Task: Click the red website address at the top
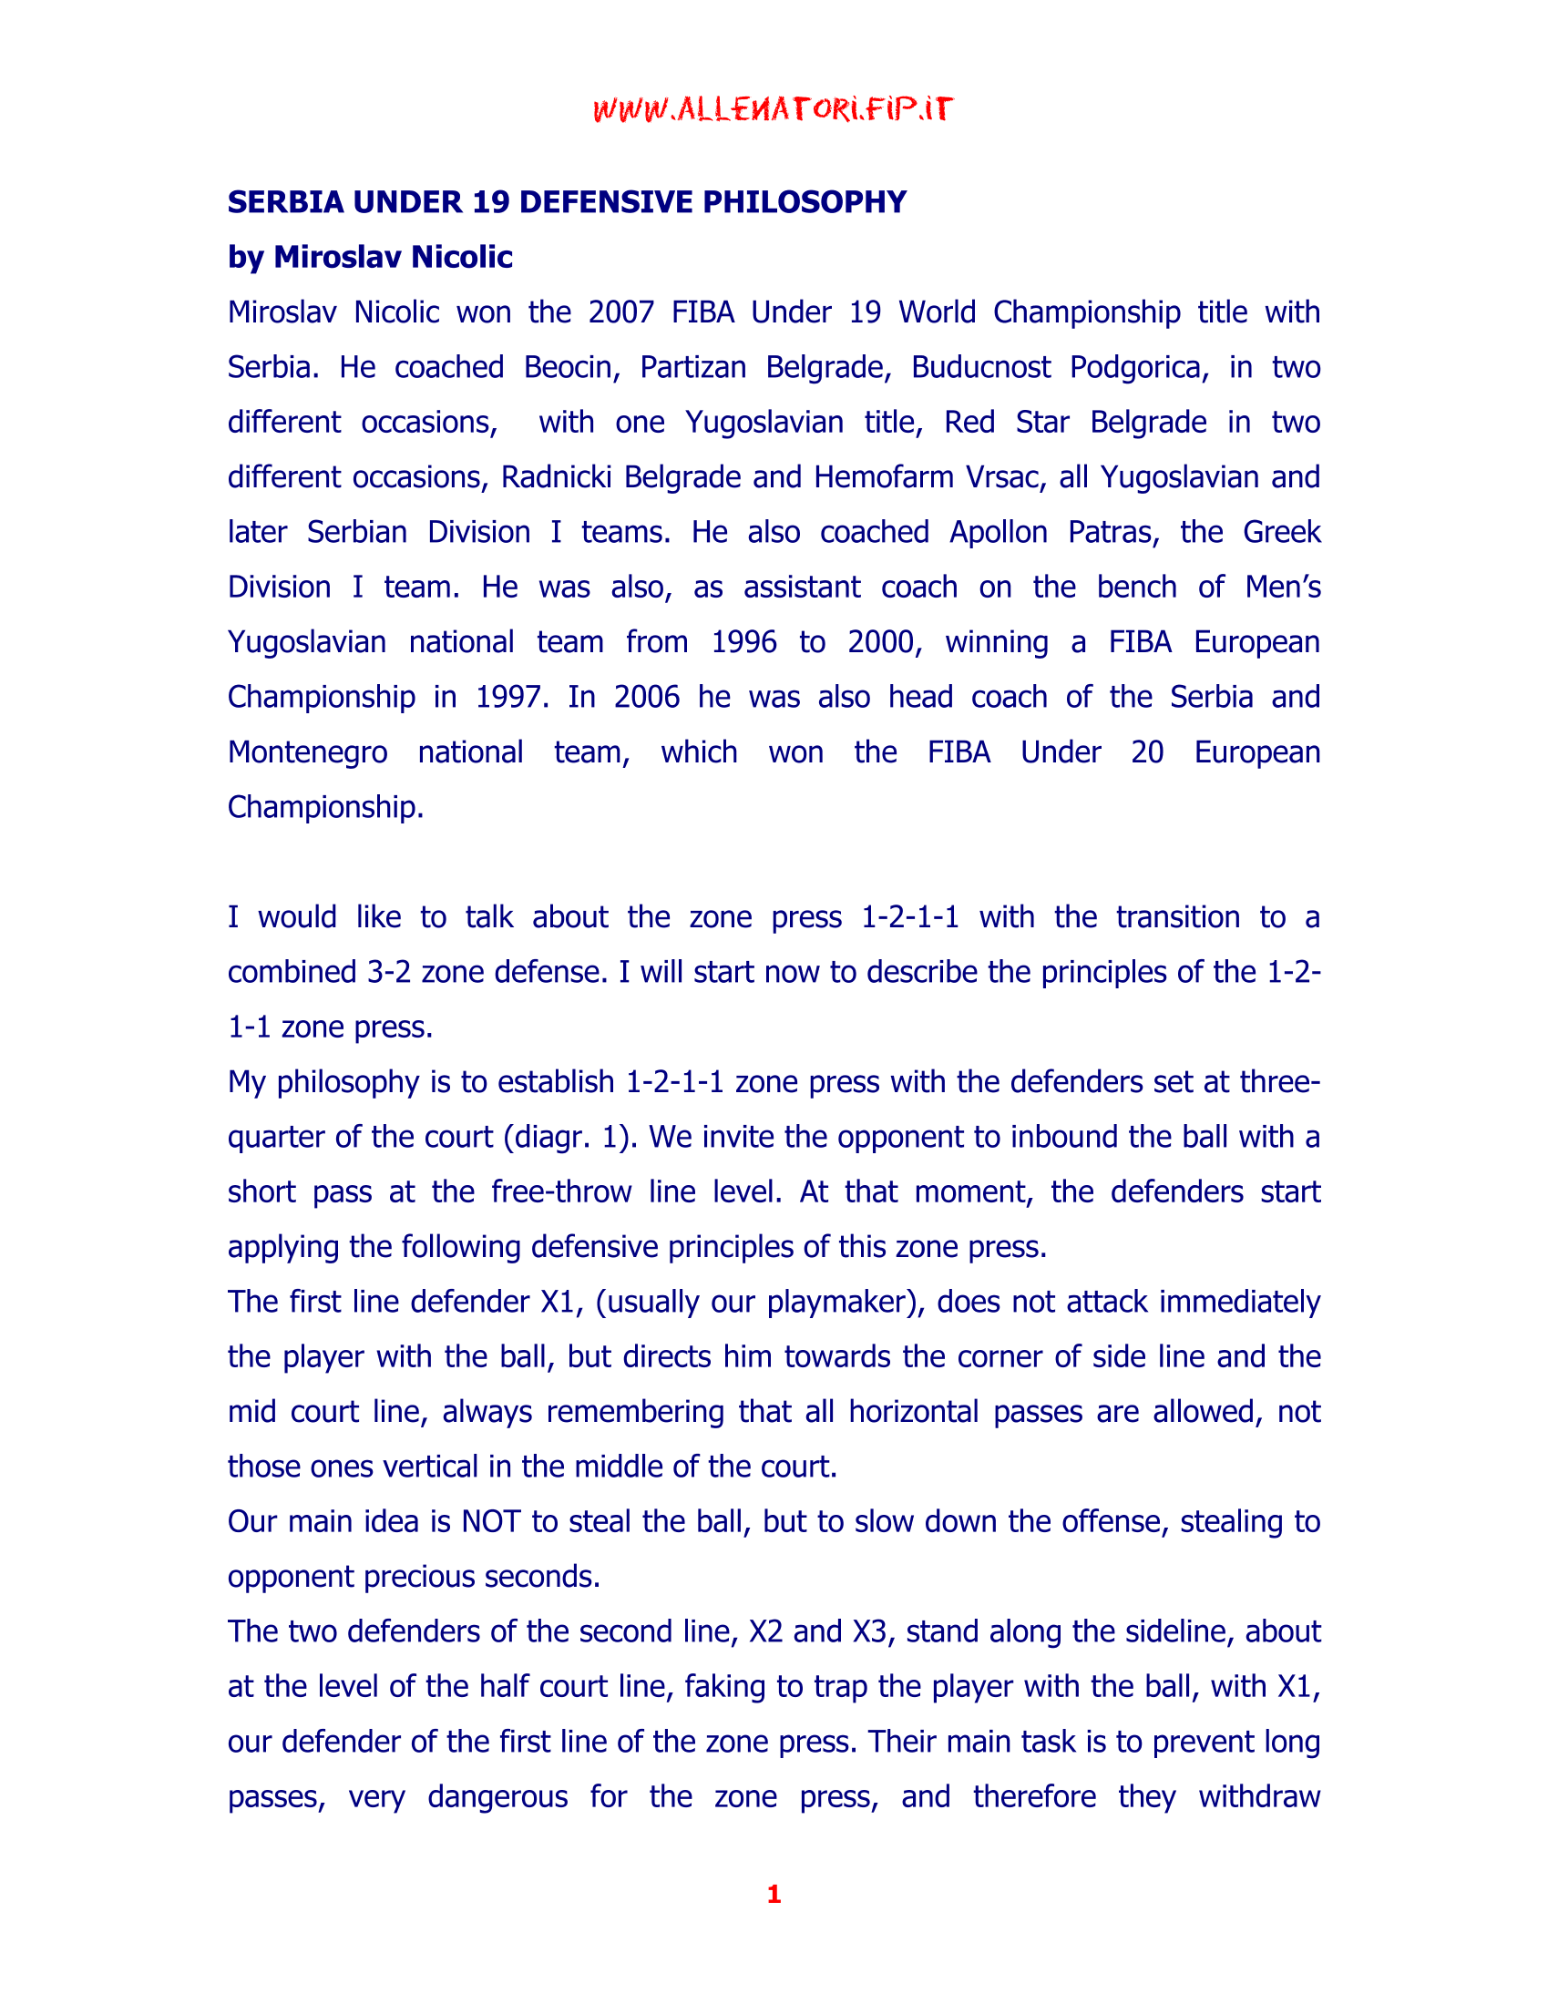pyautogui.click(x=773, y=110)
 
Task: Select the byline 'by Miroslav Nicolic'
pyautogui.click(x=370, y=257)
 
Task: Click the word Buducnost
pyautogui.click(x=980, y=367)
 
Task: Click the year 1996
pyautogui.click(x=743, y=642)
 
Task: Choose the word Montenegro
pyautogui.click(x=307, y=752)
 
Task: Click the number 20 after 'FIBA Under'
pyautogui.click(x=1147, y=752)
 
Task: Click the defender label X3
pyautogui.click(x=874, y=1631)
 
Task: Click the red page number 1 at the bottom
pyautogui.click(x=774, y=1895)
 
